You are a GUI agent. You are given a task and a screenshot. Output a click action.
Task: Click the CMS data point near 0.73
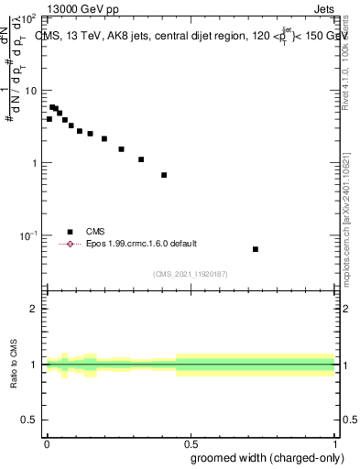pyautogui.click(x=256, y=249)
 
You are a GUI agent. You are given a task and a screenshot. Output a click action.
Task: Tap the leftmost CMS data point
pyautogui.click(x=49, y=119)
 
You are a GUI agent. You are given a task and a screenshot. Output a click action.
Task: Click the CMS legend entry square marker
pyautogui.click(x=70, y=232)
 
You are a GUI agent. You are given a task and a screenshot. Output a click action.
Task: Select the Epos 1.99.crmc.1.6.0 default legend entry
pyautogui.click(x=138, y=244)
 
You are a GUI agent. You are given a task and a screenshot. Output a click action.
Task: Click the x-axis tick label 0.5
pyautogui.click(x=191, y=443)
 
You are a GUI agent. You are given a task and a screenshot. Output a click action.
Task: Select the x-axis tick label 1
pyautogui.click(x=335, y=443)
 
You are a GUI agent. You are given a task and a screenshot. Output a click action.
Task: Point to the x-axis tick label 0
pyautogui.click(x=47, y=443)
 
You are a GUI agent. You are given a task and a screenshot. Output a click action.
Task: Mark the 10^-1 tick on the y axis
pyautogui.click(x=29, y=235)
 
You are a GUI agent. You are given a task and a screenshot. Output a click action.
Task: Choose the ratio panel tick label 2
pyautogui.click(x=34, y=309)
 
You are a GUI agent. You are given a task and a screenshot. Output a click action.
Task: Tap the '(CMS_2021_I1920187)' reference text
pyautogui.click(x=191, y=274)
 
